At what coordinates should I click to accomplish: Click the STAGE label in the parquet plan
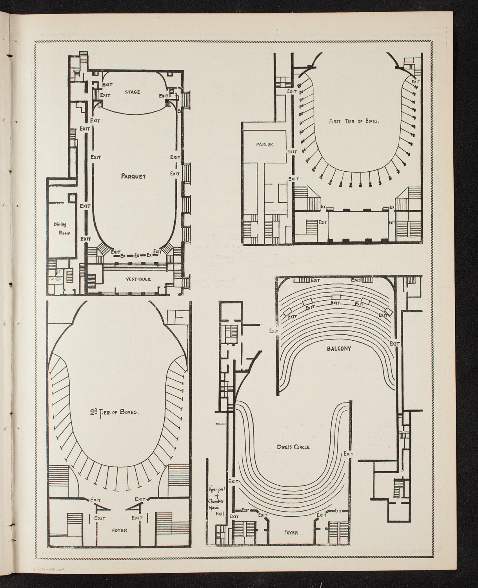(132, 92)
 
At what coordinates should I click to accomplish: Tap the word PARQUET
(133, 176)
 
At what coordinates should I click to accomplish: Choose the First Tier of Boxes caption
(354, 121)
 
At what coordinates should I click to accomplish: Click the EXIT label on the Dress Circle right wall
(349, 454)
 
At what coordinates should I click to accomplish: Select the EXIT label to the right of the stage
(164, 95)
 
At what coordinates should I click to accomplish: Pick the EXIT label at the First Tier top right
(415, 82)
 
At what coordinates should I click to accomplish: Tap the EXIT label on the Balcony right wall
(394, 343)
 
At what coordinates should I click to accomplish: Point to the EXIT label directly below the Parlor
(293, 179)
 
